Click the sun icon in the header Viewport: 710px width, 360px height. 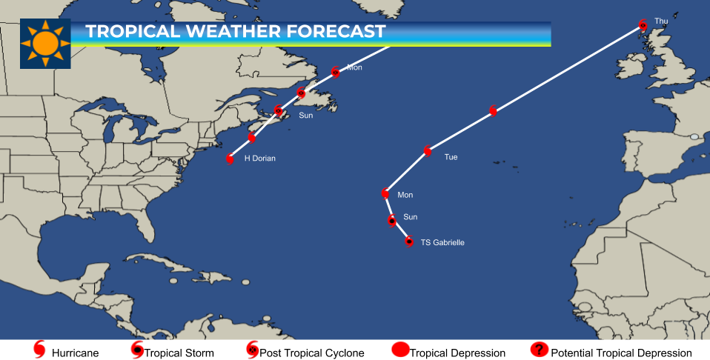pyautogui.click(x=45, y=44)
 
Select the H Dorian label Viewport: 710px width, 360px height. pyautogui.click(x=259, y=159)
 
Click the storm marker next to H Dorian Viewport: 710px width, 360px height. pyautogui.click(x=230, y=159)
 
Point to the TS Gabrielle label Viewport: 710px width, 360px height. pyautogui.click(x=442, y=242)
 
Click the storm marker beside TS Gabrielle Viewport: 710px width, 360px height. pyautogui.click(x=409, y=241)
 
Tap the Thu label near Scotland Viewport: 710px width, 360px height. pyautogui.click(x=661, y=21)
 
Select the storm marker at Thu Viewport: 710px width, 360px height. pyautogui.click(x=643, y=25)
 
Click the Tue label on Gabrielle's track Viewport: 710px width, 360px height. pyautogui.click(x=451, y=157)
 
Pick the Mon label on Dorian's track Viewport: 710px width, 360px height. pyautogui.click(x=354, y=67)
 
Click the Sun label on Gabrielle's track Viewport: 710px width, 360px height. pyautogui.click(x=410, y=217)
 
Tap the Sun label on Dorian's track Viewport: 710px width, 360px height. pyautogui.click(x=305, y=116)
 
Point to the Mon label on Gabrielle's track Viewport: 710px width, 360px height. pyautogui.click(x=405, y=196)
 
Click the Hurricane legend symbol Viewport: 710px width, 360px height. pyautogui.click(x=40, y=350)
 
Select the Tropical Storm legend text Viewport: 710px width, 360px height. pyautogui.click(x=179, y=353)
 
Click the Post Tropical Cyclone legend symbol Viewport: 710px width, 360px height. pyautogui.click(x=252, y=350)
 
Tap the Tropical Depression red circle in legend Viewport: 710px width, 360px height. pyautogui.click(x=400, y=350)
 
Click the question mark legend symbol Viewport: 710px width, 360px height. pyautogui.click(x=539, y=350)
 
